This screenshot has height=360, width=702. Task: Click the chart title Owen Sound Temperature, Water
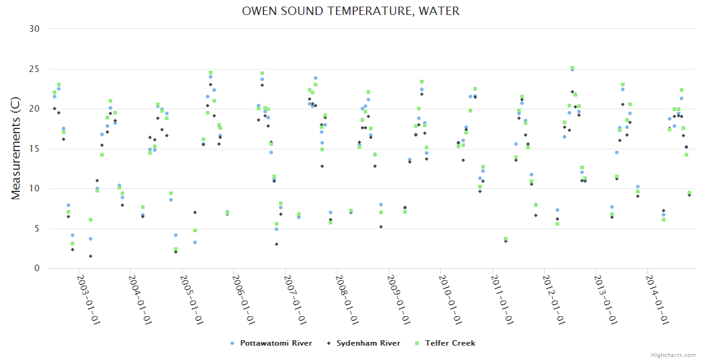click(x=351, y=11)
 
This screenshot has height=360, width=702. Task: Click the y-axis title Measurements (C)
click(x=16, y=149)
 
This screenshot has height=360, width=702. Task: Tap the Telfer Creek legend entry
click(x=450, y=343)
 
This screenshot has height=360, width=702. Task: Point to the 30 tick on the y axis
click(x=34, y=29)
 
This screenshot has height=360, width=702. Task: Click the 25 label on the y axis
click(x=34, y=69)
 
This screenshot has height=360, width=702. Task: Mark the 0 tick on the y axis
click(x=37, y=269)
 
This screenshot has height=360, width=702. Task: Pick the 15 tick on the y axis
click(x=34, y=149)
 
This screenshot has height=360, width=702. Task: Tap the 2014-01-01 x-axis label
click(x=657, y=299)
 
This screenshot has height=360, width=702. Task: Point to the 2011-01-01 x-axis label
click(x=502, y=299)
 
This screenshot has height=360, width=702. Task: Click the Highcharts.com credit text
click(x=673, y=355)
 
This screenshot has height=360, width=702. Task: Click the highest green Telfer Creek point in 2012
click(x=572, y=68)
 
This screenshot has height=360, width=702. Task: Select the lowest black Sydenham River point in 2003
click(x=91, y=256)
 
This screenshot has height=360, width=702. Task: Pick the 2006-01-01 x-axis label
click(x=243, y=299)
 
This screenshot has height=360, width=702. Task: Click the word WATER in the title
click(x=440, y=11)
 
